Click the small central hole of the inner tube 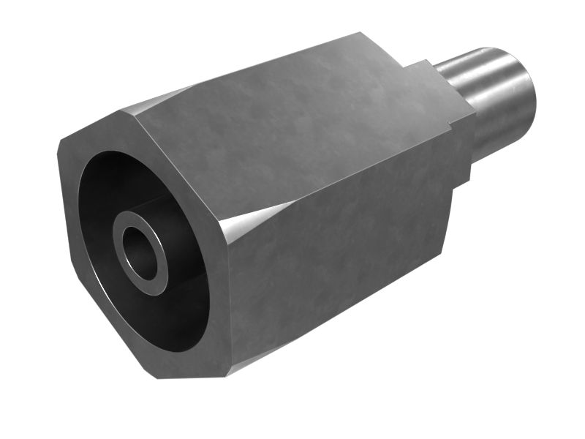coord(140,253)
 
